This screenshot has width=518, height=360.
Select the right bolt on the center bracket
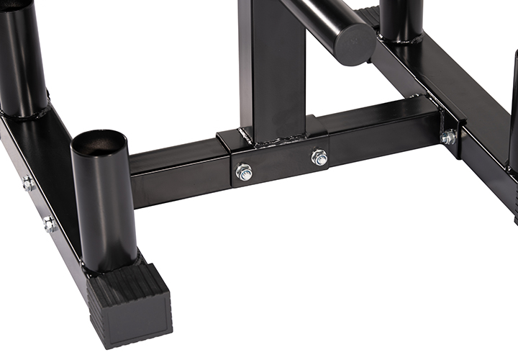[319, 157]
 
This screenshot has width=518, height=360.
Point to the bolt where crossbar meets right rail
[449, 137]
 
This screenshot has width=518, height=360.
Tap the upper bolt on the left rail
[27, 184]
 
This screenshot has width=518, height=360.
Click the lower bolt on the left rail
[49, 225]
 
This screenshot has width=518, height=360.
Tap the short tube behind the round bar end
[401, 18]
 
